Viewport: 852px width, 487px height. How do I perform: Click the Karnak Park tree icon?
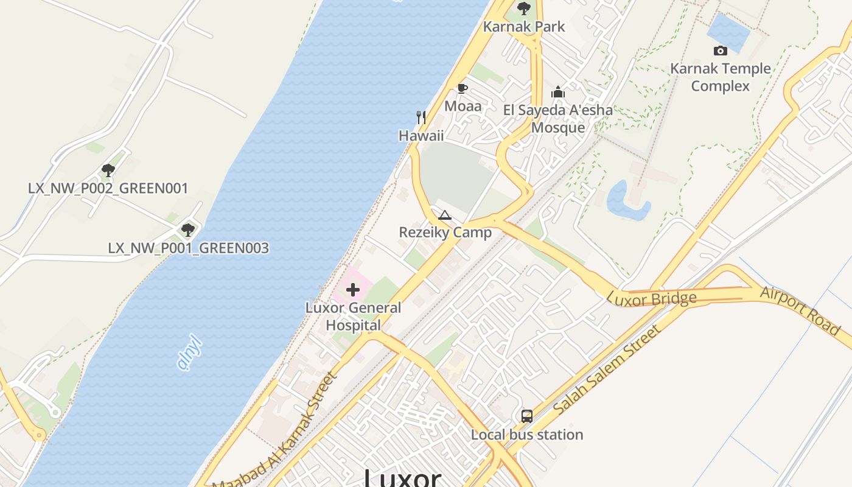coord(523,9)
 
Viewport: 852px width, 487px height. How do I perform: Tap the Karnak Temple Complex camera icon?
coord(721,51)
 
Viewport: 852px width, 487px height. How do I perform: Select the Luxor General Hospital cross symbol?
coord(353,290)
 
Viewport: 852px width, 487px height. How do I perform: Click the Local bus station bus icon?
coord(527,416)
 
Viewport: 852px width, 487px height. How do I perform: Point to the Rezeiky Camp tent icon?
coord(445,215)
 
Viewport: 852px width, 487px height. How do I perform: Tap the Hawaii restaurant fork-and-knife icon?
coord(421,117)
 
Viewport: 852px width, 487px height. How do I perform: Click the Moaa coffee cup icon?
coord(463,89)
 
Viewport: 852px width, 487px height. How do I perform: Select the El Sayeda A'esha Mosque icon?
coord(558,93)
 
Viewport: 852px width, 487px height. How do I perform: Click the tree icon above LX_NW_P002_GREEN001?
coord(108,170)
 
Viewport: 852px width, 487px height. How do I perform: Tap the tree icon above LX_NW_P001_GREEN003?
coord(188,230)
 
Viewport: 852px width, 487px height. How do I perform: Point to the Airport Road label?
coord(800,310)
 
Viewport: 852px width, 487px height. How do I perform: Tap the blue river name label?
coord(189,352)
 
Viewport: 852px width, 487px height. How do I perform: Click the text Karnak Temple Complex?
coord(721,77)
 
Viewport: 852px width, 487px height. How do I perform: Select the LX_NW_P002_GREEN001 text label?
coord(108,188)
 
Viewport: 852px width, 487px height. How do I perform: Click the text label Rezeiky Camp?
coord(445,233)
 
